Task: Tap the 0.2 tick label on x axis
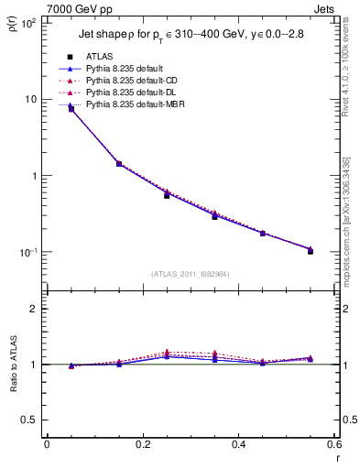click(142, 446)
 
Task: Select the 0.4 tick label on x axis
click(238, 446)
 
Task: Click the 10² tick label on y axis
click(27, 22)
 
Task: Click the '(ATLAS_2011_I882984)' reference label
click(191, 273)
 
